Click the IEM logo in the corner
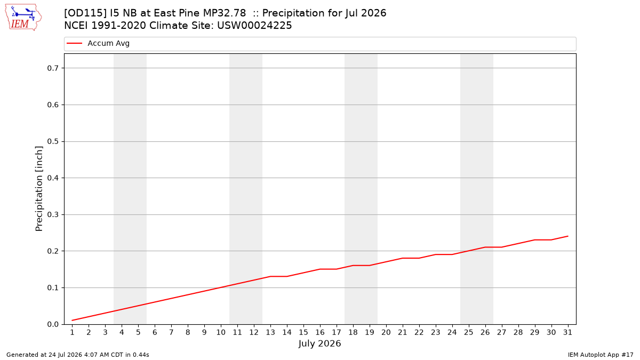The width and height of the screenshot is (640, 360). [x=23, y=18]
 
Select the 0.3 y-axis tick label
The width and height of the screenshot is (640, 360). [x=53, y=214]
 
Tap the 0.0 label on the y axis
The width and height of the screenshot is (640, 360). [x=53, y=324]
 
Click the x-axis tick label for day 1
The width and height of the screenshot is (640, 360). [x=73, y=332]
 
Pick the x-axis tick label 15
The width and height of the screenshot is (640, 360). [x=303, y=332]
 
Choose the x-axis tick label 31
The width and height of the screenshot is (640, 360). [x=567, y=332]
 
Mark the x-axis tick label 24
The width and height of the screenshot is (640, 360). [x=452, y=332]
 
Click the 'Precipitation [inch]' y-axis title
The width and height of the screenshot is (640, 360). [x=39, y=189]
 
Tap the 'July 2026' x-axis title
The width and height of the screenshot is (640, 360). [x=319, y=343]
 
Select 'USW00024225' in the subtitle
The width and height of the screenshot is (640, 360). [x=254, y=26]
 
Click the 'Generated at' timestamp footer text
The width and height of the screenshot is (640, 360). [x=78, y=355]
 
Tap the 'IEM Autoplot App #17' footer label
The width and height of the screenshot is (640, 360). [x=601, y=355]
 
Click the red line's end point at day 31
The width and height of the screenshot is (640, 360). [x=567, y=236]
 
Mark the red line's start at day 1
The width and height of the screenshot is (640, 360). [x=73, y=321]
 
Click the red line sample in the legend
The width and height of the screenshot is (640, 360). [x=74, y=43]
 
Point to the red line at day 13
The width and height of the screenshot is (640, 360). [x=270, y=276]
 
